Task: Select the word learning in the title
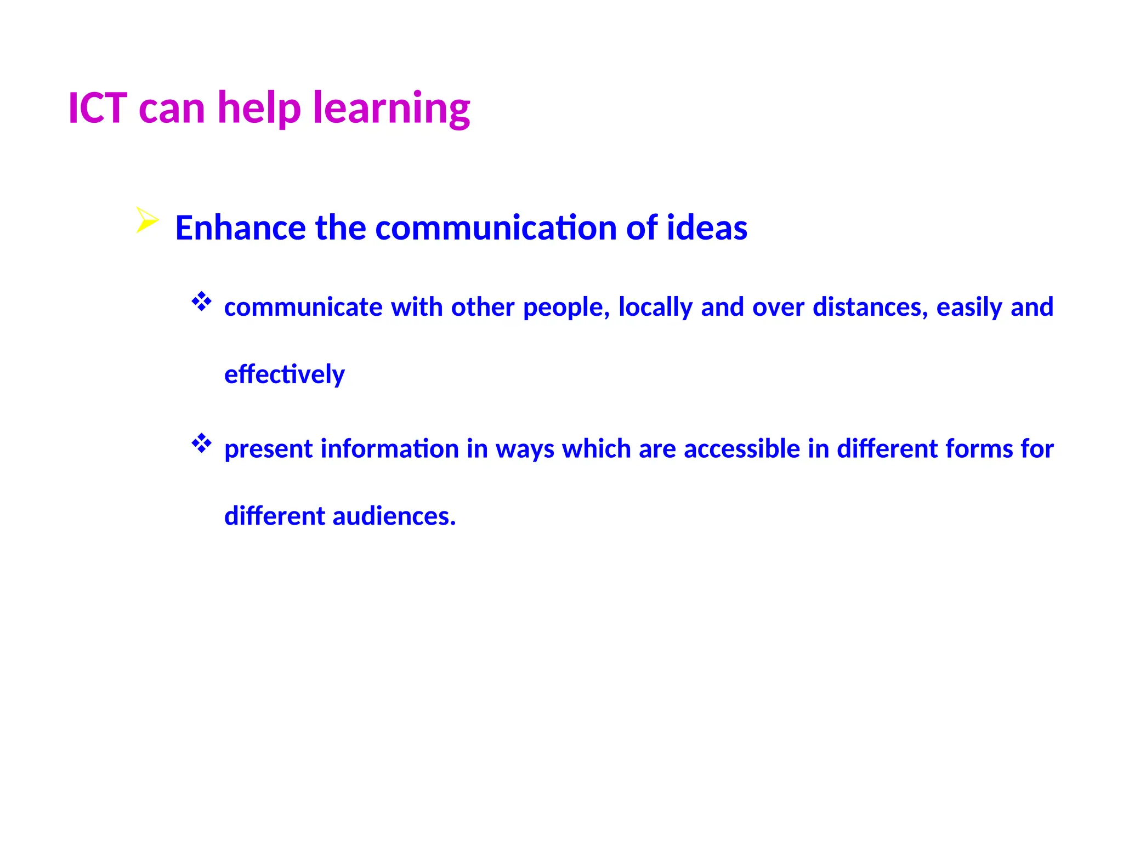click(392, 109)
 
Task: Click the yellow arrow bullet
click(146, 220)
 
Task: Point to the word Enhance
click(240, 227)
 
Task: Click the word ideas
click(707, 227)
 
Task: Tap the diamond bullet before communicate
click(201, 302)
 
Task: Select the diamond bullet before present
click(201, 443)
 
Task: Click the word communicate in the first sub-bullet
click(303, 307)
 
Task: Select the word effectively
click(285, 374)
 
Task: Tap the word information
click(390, 448)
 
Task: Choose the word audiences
click(394, 516)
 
